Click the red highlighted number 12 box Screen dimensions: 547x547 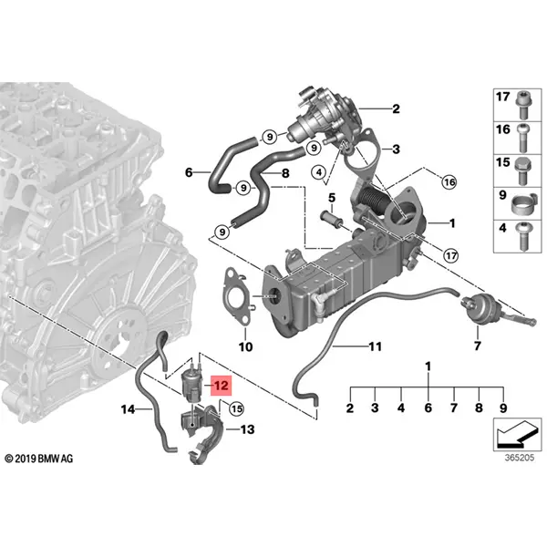coord(220,385)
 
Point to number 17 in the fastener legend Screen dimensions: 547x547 coord(501,97)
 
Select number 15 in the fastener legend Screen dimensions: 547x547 coord(501,163)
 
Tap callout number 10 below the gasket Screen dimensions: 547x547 coord(244,346)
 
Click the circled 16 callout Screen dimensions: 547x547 coord(449,182)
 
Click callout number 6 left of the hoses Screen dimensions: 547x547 coord(189,170)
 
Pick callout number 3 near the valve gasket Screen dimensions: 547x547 coord(395,149)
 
